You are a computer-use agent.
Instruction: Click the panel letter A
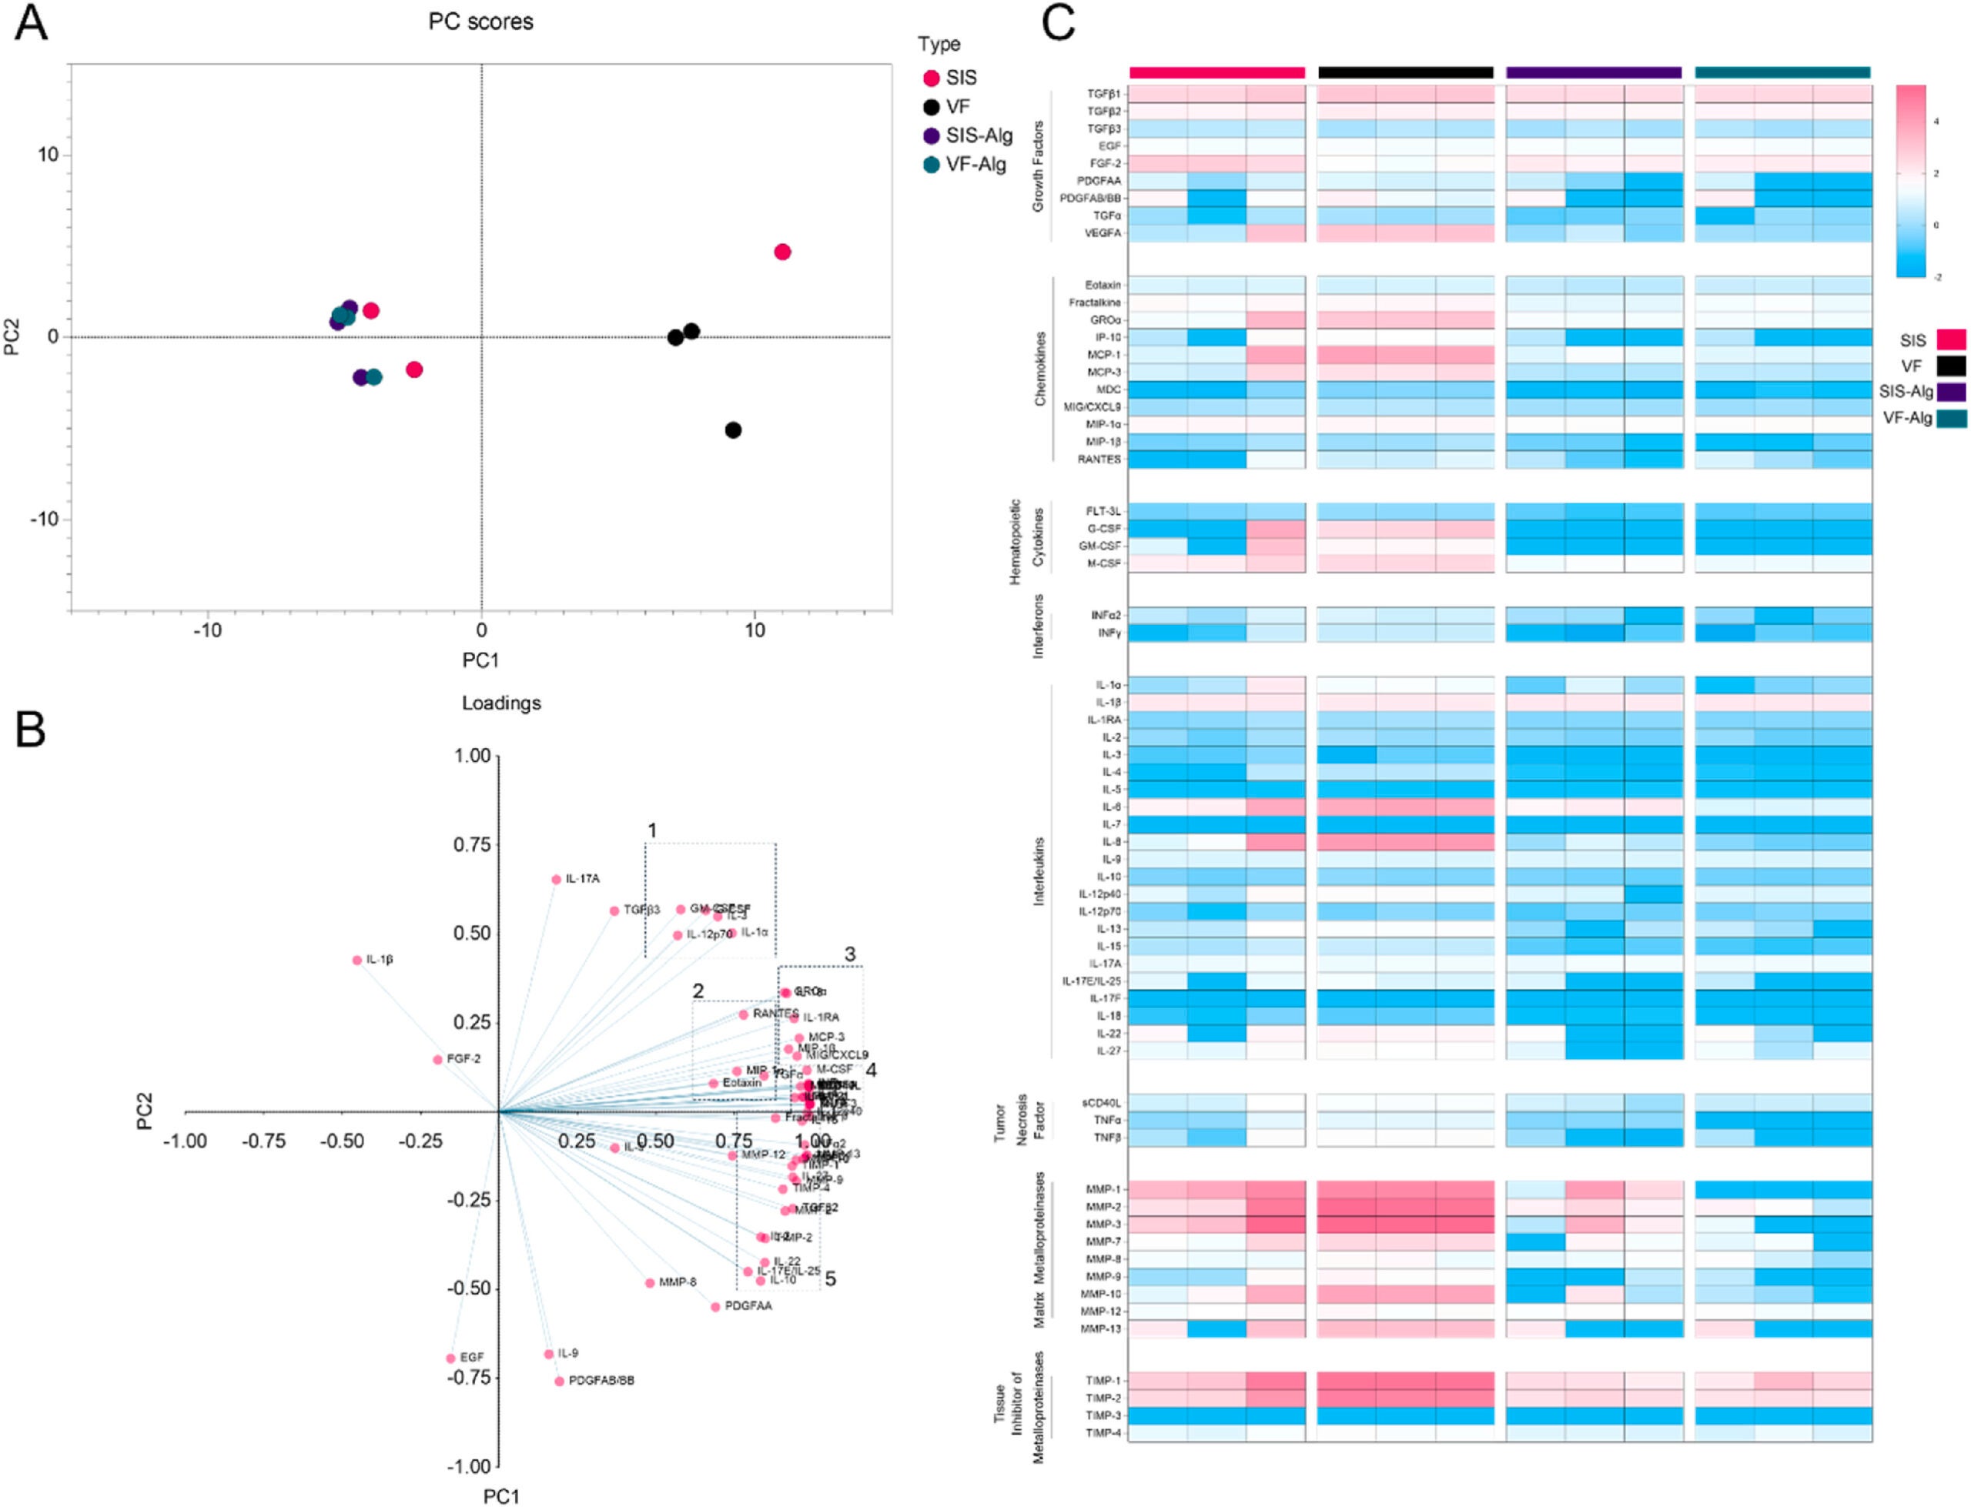[32, 24]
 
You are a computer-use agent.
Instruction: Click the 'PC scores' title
[481, 22]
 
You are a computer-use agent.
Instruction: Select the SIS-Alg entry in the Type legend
[978, 135]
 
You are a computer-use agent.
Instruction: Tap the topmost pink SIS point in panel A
[782, 252]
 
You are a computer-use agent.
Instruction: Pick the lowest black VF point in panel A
[733, 430]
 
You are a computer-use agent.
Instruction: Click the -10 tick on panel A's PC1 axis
[208, 630]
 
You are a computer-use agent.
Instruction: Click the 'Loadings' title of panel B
[501, 703]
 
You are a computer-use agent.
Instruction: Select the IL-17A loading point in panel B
[556, 880]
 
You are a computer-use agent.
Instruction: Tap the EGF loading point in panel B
[451, 1359]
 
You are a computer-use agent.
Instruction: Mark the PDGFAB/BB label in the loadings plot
[601, 1381]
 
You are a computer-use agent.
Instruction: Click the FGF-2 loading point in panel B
[438, 1059]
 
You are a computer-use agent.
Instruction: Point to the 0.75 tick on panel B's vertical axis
[472, 845]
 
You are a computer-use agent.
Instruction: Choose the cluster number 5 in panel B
[831, 1279]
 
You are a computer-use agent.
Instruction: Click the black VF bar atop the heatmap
[1405, 72]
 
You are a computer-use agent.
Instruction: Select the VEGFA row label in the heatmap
[1103, 233]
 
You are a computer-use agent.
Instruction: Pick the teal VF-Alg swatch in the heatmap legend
[1950, 418]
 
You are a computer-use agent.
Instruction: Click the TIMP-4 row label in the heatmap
[1103, 1432]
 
